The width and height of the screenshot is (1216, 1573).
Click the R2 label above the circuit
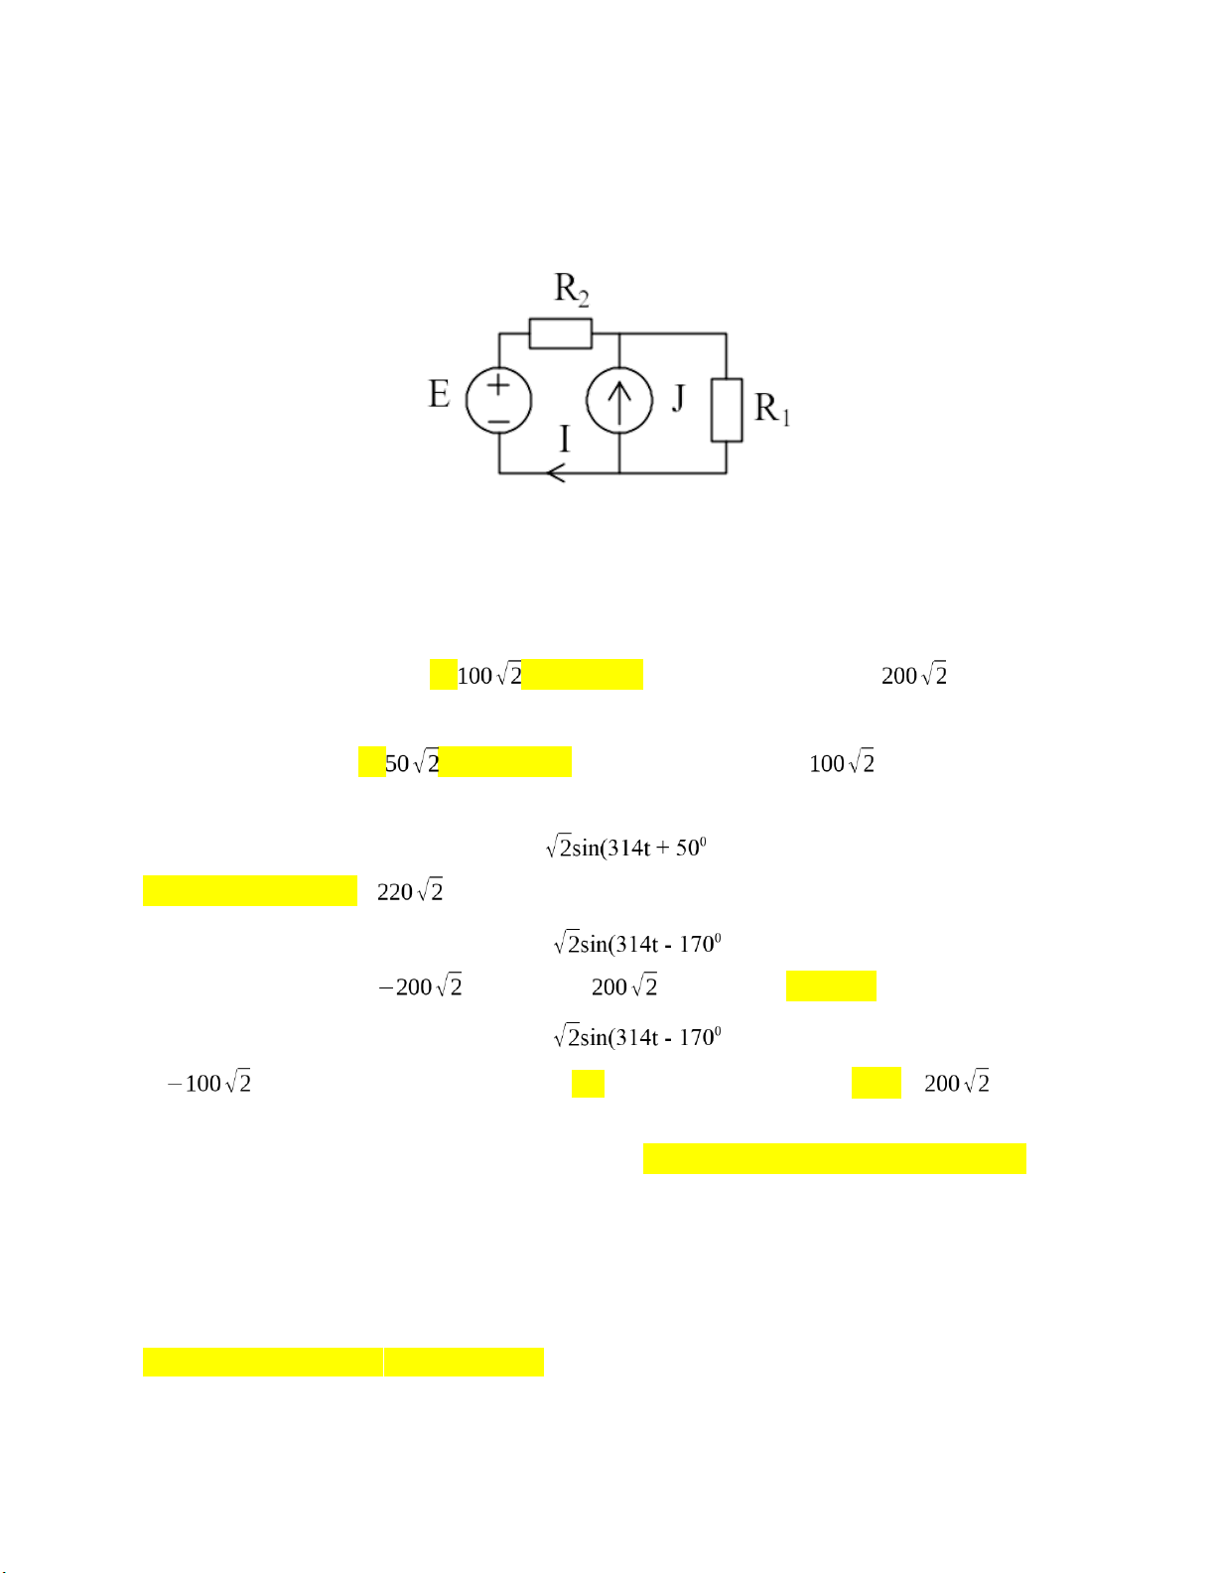[x=572, y=290]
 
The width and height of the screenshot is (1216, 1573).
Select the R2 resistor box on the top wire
[x=560, y=333]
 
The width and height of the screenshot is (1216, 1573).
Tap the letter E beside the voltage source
[x=439, y=394]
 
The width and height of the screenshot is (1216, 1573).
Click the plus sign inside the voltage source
[x=498, y=384]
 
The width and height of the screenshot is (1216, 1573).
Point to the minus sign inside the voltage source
[x=498, y=421]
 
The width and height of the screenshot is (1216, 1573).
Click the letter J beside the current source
[x=679, y=398]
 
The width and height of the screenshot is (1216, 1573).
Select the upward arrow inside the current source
[x=619, y=401]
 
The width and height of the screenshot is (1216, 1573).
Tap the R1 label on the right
[x=772, y=408]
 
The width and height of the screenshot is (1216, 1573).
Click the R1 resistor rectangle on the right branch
[x=727, y=409]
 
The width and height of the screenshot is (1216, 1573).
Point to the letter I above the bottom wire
[x=565, y=438]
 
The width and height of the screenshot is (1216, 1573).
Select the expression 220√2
[x=410, y=891]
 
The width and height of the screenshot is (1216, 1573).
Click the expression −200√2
[x=421, y=986]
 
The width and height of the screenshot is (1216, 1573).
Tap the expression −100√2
[x=209, y=1083]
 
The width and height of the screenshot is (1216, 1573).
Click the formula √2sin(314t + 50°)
[x=625, y=847]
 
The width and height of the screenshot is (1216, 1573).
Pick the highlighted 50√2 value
[x=412, y=762]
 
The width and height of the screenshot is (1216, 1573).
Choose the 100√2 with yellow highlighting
[x=489, y=675]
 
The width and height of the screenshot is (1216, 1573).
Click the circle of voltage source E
[x=498, y=401]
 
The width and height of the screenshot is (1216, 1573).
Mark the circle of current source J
[x=619, y=401]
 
